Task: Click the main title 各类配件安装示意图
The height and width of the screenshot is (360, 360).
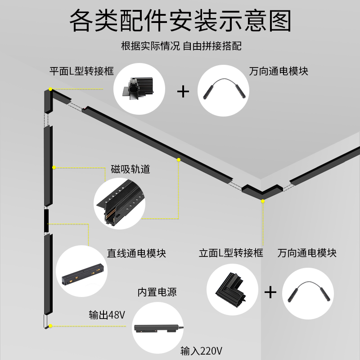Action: click(180, 20)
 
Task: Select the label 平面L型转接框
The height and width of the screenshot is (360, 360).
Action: click(81, 71)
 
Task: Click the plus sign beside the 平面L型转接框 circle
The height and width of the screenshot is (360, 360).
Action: click(183, 91)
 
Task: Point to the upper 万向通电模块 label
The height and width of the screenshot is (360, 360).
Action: click(279, 71)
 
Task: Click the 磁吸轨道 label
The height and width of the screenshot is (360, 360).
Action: click(130, 170)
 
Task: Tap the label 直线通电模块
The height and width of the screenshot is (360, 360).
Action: click(136, 253)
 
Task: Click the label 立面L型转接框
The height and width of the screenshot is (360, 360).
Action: click(231, 253)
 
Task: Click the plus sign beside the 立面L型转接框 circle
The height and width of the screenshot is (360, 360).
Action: click(270, 292)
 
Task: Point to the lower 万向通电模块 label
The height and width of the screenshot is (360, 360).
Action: click(307, 253)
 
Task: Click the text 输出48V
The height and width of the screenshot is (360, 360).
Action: click(107, 315)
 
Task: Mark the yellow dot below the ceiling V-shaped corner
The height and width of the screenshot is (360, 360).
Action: click(263, 202)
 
